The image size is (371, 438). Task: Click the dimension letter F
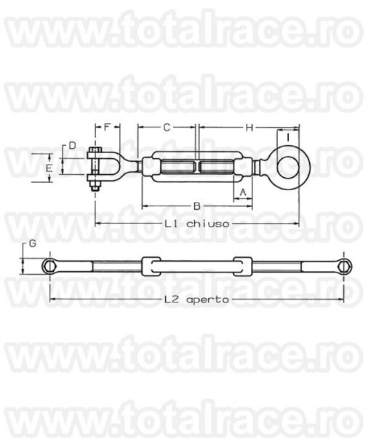point(107,128)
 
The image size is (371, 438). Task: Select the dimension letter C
point(167,128)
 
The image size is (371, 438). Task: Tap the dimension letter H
point(250,128)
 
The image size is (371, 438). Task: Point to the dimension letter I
point(288,137)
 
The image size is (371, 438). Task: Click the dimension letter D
point(72,145)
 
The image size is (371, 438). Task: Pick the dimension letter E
point(49,168)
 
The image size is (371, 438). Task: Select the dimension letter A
point(243,192)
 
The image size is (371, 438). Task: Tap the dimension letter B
point(197,206)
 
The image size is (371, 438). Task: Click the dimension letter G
point(33,243)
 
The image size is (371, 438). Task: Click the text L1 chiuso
point(197,224)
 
